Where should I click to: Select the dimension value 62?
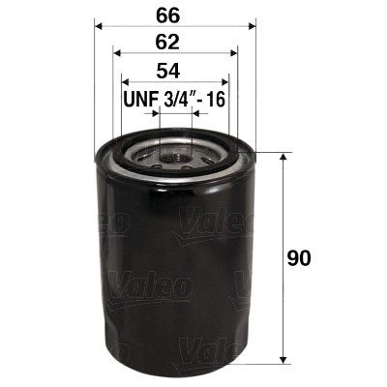coord(173,44)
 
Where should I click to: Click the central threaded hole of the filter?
coord(174,153)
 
